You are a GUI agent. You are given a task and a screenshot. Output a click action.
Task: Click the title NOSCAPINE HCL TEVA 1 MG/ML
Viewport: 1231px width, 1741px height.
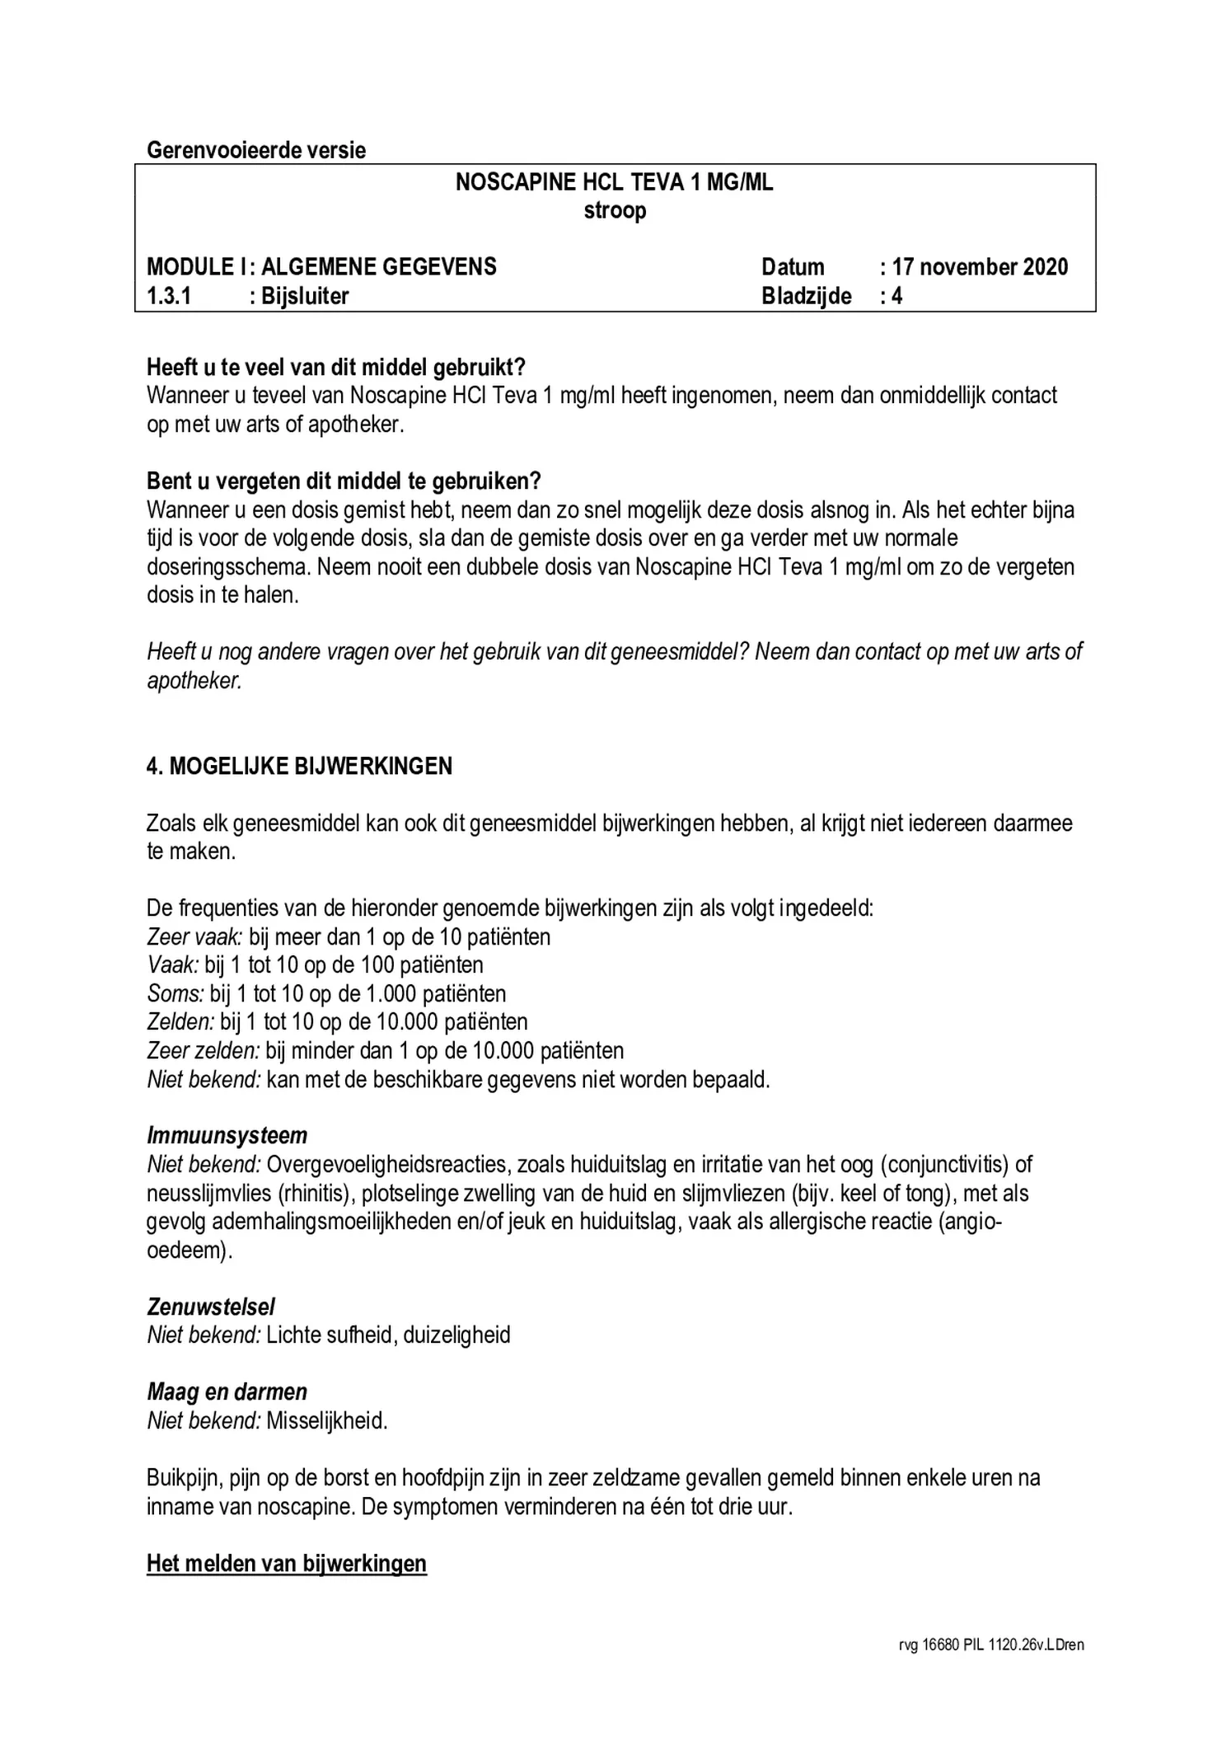pos(615,182)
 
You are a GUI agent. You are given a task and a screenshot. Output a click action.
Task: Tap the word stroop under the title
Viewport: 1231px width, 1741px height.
pos(615,211)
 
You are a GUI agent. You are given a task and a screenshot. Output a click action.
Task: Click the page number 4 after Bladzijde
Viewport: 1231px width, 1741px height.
pos(896,296)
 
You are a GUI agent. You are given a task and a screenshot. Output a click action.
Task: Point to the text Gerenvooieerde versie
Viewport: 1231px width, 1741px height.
pos(256,151)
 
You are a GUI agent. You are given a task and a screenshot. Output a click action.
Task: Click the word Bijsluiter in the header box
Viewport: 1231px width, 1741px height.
pos(304,296)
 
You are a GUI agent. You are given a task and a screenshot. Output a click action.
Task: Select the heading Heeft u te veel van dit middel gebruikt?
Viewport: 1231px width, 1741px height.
pos(336,367)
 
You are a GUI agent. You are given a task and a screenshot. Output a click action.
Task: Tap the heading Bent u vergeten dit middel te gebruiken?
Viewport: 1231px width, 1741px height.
pos(344,481)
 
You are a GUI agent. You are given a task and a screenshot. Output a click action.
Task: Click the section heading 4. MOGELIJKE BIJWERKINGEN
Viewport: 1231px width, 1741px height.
pos(300,767)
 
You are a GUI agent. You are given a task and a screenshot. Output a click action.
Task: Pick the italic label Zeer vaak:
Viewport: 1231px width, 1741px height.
pos(194,937)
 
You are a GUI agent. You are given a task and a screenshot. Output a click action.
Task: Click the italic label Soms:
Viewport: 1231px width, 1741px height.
pos(175,994)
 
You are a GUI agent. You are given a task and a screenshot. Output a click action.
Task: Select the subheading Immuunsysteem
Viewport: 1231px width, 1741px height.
pos(227,1136)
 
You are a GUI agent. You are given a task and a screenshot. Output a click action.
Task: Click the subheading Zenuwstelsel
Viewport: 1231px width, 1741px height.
pos(211,1307)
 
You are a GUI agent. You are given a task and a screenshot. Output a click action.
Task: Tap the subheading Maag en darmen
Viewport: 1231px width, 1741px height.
pos(227,1392)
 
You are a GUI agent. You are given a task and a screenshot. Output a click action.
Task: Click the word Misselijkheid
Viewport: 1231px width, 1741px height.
pos(326,1421)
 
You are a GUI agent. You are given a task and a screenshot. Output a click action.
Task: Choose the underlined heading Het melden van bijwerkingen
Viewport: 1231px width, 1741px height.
pos(287,1564)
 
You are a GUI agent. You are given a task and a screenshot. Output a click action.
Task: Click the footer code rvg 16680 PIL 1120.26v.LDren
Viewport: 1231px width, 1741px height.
pos(990,1645)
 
